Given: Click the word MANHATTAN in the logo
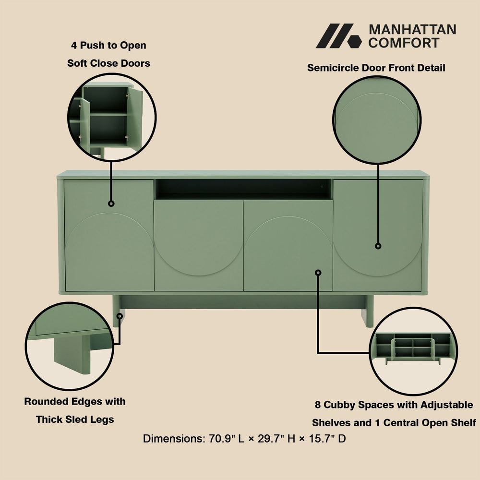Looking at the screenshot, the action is (x=412, y=30).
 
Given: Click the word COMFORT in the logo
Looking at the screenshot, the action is (x=404, y=43).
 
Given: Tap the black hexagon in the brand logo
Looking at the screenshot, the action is (x=355, y=42).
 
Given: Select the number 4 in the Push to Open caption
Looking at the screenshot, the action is (x=74, y=45).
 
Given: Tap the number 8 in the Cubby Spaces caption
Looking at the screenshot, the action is (x=318, y=405).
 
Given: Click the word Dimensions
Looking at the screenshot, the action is (x=174, y=439).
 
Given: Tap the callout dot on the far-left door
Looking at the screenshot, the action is (x=111, y=204).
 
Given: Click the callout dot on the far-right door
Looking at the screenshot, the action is (x=378, y=246).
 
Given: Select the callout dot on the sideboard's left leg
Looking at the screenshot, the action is (x=120, y=316).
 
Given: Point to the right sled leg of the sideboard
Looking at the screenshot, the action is (x=367, y=311).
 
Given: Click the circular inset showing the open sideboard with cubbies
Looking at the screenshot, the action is (x=413, y=351).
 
